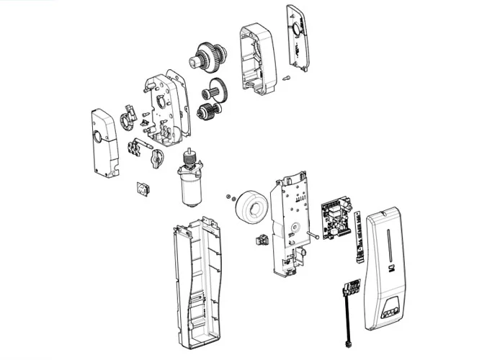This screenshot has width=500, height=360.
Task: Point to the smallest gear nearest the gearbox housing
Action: tap(207, 112)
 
